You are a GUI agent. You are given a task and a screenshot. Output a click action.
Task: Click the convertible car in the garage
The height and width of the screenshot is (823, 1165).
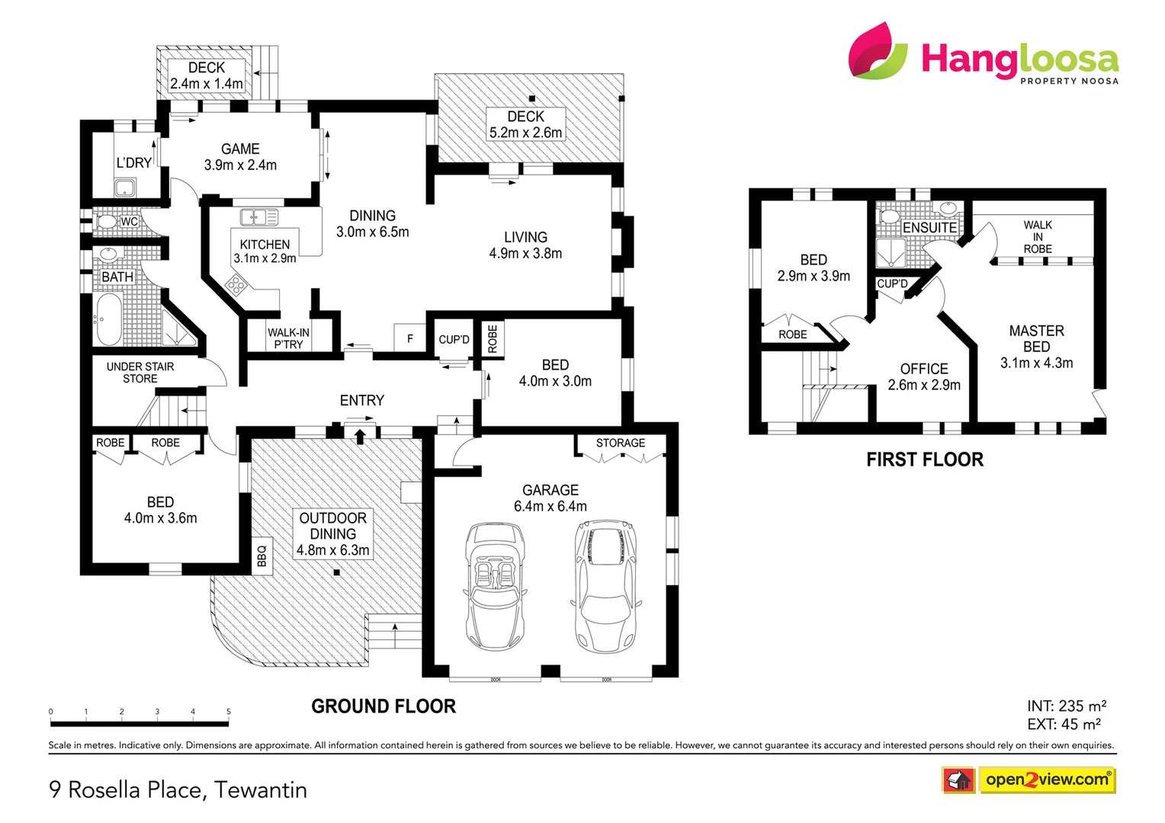pos(494,585)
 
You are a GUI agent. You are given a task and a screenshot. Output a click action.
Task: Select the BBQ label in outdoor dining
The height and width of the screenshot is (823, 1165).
pos(262,556)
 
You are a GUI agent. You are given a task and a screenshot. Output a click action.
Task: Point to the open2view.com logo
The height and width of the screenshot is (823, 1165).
pos(1046,780)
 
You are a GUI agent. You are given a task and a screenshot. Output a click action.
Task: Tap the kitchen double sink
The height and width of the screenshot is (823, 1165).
pos(259,218)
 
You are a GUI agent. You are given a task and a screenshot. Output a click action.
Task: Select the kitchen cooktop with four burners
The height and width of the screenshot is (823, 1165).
pos(236,286)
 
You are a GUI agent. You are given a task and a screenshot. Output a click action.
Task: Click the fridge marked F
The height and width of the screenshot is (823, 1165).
pos(410,338)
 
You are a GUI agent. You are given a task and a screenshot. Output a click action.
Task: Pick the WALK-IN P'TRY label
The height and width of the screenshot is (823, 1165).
pos(288,338)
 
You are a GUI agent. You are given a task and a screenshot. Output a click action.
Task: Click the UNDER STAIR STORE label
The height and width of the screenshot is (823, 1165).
pos(140,373)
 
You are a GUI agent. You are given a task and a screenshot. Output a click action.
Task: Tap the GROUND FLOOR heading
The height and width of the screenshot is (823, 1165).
pos(384,706)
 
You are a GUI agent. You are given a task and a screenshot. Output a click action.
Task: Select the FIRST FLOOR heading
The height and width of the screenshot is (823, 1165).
pos(925,460)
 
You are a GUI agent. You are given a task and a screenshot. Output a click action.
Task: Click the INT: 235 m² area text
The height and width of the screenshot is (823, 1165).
pos(1066,706)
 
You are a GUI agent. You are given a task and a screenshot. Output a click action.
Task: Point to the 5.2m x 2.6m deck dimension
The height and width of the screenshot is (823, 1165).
pos(526,133)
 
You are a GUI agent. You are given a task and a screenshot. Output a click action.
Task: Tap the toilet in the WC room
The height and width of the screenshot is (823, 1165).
pos(107,222)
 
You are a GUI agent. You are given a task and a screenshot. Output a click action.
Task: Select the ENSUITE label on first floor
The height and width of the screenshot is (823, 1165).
pos(929,228)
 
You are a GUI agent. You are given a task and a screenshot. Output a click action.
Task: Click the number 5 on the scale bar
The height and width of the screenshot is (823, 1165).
pos(229,712)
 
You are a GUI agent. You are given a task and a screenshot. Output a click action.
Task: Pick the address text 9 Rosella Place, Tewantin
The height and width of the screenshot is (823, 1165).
pos(178,789)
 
